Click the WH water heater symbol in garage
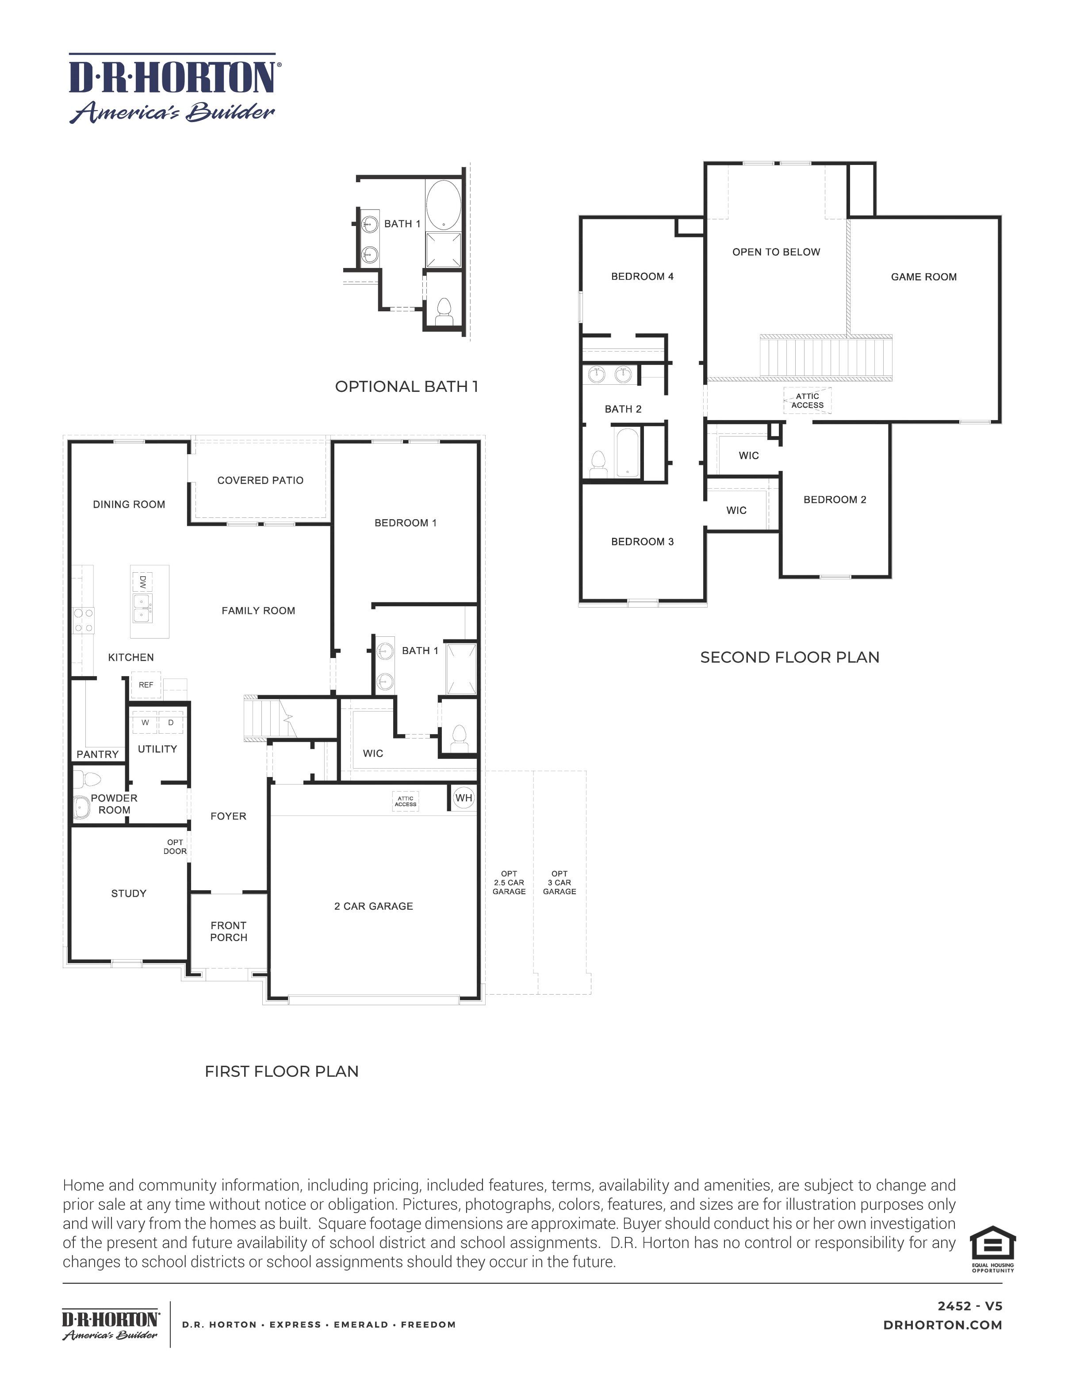tap(464, 797)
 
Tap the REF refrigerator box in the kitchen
tap(146, 685)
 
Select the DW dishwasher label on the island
tap(142, 581)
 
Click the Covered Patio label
tap(260, 480)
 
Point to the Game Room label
tap(923, 276)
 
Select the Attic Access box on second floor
tap(807, 401)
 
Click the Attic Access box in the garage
tap(405, 801)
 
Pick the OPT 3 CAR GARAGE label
tap(559, 882)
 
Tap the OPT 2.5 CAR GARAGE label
tap(509, 882)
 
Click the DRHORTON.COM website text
tap(942, 1325)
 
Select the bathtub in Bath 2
tap(627, 452)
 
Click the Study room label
tap(129, 893)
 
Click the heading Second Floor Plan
tap(789, 658)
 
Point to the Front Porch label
tap(228, 931)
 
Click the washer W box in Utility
tap(145, 723)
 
